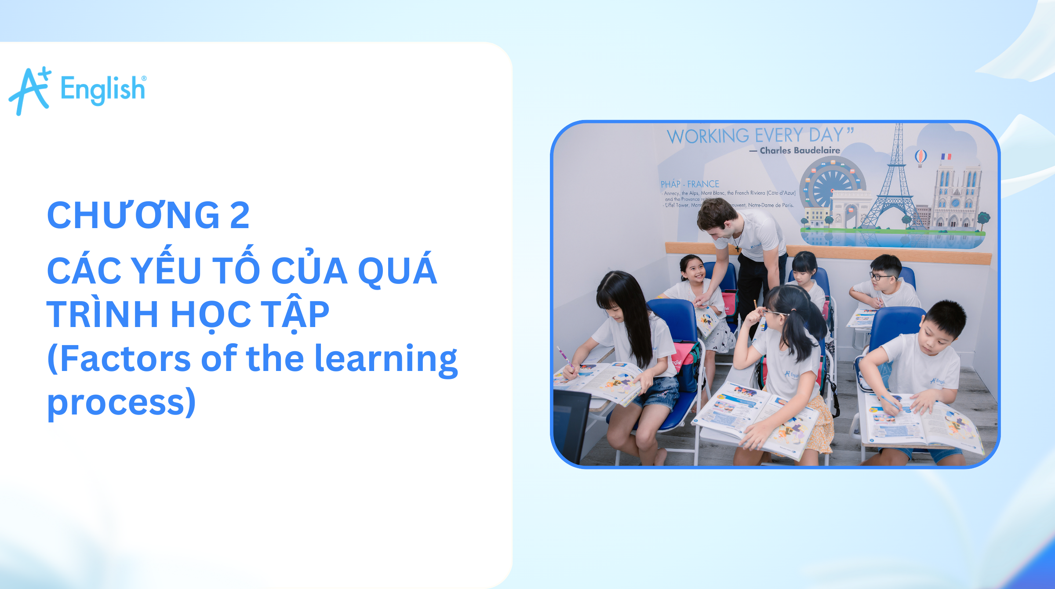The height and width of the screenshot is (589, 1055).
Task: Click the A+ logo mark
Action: point(30,91)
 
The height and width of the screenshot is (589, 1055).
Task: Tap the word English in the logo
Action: point(103,89)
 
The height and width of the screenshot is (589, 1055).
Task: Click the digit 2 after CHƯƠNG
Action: point(240,215)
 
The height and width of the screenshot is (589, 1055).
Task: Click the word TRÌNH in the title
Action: point(102,314)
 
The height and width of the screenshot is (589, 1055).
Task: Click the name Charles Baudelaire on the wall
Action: point(800,151)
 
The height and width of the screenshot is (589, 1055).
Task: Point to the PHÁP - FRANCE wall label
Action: point(690,184)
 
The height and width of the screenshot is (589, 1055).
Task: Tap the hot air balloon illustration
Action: point(920,157)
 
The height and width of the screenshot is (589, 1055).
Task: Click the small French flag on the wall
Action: point(946,156)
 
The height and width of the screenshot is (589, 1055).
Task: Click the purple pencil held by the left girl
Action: point(565,357)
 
